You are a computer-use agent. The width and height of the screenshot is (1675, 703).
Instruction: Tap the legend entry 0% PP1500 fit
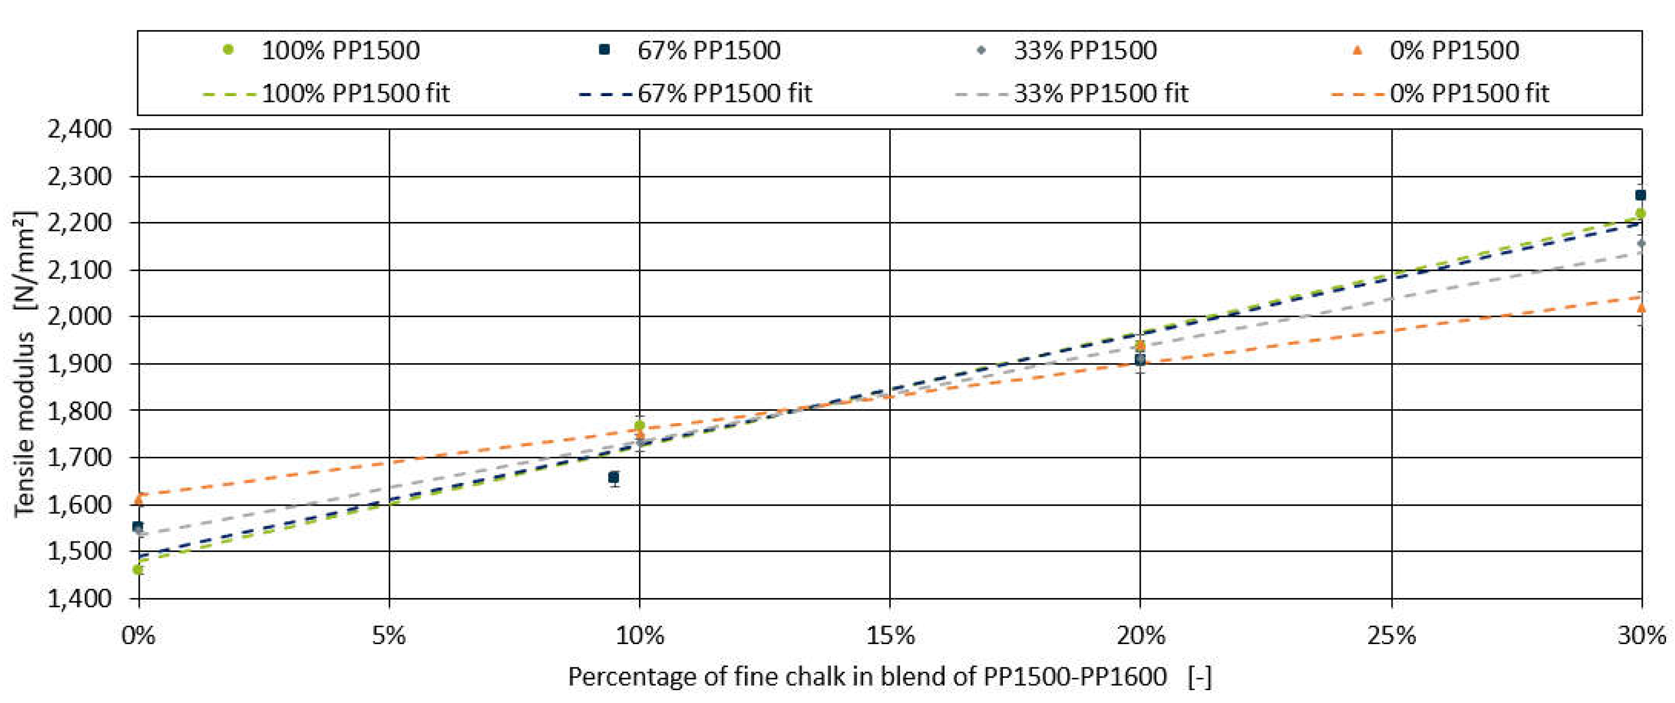(x=1440, y=94)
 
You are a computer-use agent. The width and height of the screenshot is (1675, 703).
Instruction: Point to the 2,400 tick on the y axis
(x=79, y=129)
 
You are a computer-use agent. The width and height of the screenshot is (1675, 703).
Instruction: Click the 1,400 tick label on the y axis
(x=79, y=598)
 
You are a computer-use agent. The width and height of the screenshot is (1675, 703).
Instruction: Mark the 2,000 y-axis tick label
(x=79, y=317)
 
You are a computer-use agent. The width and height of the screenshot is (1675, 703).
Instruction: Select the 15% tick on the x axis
(x=889, y=635)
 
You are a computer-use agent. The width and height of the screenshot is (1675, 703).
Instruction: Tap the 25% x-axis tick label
(x=1391, y=635)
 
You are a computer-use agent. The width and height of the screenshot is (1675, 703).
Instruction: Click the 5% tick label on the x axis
(x=388, y=635)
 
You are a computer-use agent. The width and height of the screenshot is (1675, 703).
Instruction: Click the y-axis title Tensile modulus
(x=25, y=364)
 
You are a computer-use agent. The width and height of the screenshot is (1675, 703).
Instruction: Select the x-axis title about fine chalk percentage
(x=889, y=676)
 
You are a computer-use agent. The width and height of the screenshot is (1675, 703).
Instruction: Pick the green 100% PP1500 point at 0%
(x=138, y=570)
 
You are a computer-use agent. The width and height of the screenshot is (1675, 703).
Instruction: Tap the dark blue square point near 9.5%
(x=613, y=478)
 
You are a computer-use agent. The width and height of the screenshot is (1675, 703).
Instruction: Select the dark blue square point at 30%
(x=1640, y=195)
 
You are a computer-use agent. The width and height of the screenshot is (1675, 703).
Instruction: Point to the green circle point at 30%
(x=1640, y=214)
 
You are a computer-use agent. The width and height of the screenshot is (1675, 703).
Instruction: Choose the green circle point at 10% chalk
(x=639, y=426)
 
